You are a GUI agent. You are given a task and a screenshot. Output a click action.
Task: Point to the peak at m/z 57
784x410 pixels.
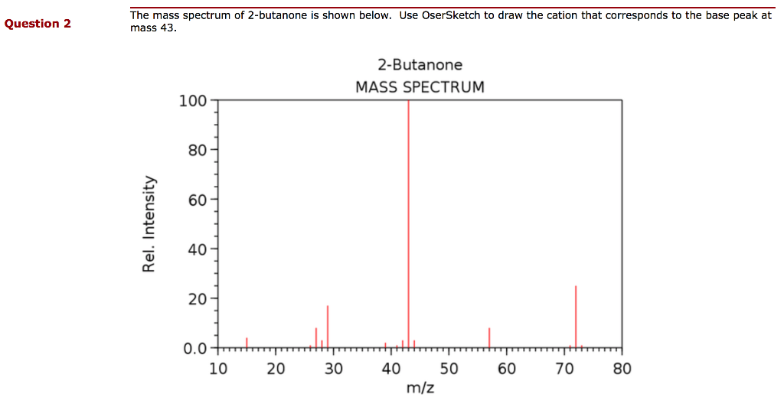(489, 337)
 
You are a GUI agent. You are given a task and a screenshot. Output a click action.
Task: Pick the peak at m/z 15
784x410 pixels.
(247, 342)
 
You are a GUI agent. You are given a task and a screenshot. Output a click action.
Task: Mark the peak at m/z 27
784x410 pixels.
(316, 337)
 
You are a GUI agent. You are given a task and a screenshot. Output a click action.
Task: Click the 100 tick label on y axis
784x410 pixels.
(192, 101)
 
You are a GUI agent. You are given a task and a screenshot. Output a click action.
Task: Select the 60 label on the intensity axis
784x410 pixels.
(197, 200)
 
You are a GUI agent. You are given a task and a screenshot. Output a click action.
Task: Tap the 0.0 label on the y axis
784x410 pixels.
(194, 349)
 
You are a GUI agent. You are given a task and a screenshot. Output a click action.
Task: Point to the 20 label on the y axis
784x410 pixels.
(197, 299)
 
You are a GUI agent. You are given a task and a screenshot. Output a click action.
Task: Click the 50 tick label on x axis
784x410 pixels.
(449, 369)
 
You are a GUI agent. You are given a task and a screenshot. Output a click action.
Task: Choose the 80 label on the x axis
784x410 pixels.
(622, 369)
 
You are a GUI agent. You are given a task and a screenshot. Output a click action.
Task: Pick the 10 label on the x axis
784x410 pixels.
(218, 369)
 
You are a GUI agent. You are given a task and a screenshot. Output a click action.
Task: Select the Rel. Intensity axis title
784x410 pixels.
(149, 223)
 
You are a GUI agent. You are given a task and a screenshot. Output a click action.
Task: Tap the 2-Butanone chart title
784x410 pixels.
(420, 65)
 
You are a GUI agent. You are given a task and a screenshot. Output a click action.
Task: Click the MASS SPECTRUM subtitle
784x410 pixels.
(420, 87)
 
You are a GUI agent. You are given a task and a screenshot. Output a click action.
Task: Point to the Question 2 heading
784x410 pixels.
(38, 24)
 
